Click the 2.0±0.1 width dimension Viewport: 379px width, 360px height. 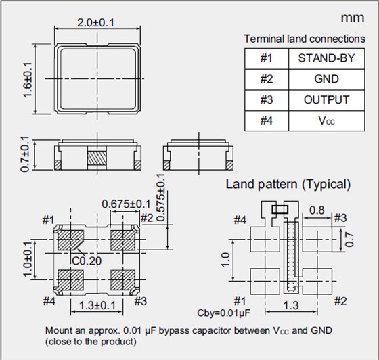(95, 23)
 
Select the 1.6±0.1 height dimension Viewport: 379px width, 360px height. (28, 80)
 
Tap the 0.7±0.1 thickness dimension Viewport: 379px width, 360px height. (25, 154)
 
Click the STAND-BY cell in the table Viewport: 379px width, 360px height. (326, 58)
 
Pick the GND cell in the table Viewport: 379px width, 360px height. (326, 79)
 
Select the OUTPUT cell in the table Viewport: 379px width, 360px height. (326, 99)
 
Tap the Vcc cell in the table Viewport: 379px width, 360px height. (326, 120)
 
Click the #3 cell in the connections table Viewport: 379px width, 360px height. (267, 99)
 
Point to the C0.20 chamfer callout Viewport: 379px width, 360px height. (87, 261)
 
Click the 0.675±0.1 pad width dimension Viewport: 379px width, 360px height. (126, 204)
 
